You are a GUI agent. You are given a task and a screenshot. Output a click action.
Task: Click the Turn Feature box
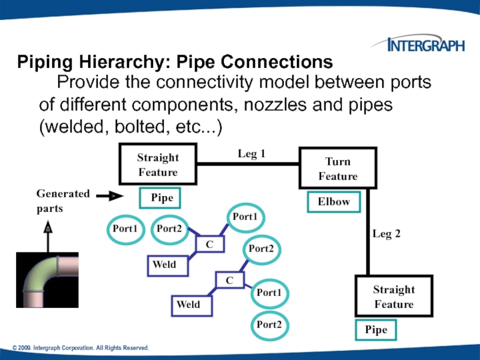[x=337, y=169]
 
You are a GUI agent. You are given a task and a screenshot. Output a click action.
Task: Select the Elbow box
[x=334, y=202]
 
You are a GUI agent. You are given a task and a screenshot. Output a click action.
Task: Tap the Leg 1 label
[x=251, y=154]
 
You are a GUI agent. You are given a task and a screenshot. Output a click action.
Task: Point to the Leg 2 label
[x=386, y=234]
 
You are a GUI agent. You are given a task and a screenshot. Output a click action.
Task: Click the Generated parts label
[x=63, y=201]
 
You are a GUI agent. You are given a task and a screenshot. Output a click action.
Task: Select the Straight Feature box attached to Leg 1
[x=158, y=164]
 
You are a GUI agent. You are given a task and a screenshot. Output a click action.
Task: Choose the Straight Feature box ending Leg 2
[x=394, y=296]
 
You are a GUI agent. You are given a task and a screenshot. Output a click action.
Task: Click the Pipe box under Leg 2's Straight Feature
[x=376, y=329]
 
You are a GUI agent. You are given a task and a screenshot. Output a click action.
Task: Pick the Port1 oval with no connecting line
[x=125, y=229]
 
